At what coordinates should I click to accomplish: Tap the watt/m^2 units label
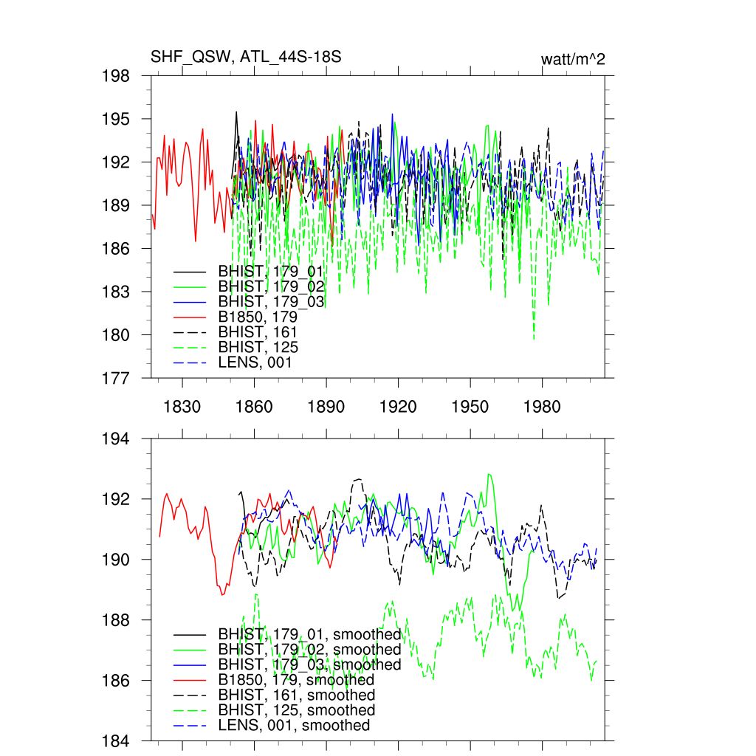click(573, 59)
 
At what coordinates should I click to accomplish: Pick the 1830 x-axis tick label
click(182, 407)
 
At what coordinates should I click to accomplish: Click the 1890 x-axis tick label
click(326, 407)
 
